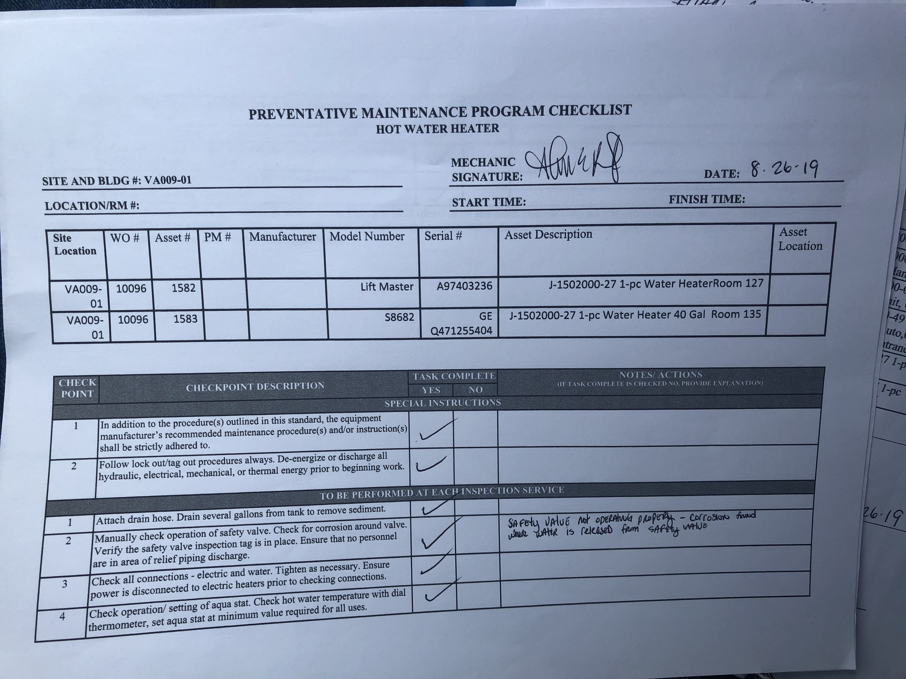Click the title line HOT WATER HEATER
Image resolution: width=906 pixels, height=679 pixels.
click(437, 129)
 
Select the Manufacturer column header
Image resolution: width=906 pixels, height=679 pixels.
click(283, 237)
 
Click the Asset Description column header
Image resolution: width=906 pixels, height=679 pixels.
click(548, 234)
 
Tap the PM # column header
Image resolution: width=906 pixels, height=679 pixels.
click(218, 237)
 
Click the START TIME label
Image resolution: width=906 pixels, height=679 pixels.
click(489, 202)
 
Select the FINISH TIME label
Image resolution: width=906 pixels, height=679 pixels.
click(706, 199)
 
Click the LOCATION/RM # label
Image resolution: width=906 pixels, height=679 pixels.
click(92, 205)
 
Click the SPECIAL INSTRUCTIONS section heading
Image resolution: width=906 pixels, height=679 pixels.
click(442, 403)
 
